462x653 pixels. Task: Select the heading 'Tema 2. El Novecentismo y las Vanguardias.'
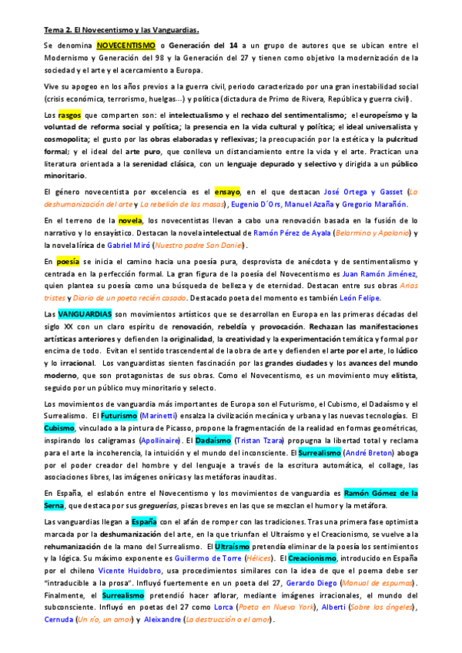121,31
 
